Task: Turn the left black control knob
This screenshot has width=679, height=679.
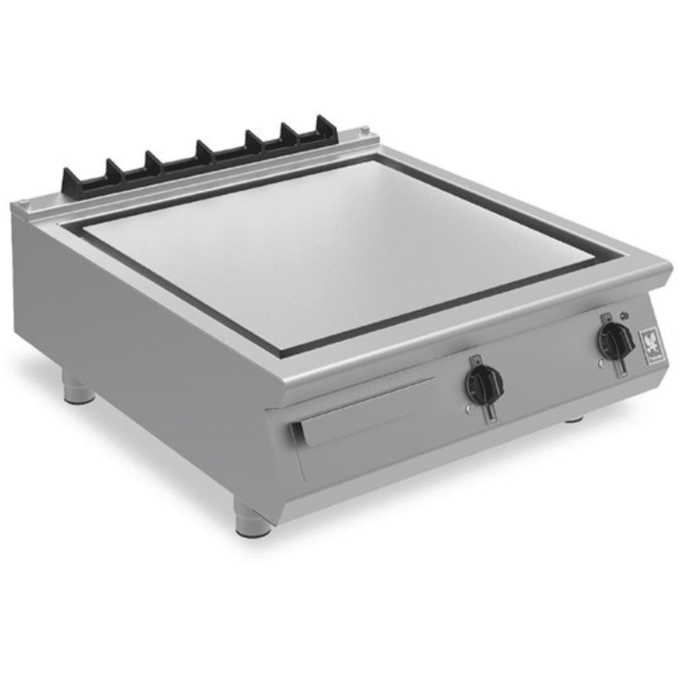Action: [483, 383]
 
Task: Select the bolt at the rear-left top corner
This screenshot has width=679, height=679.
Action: [23, 203]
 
